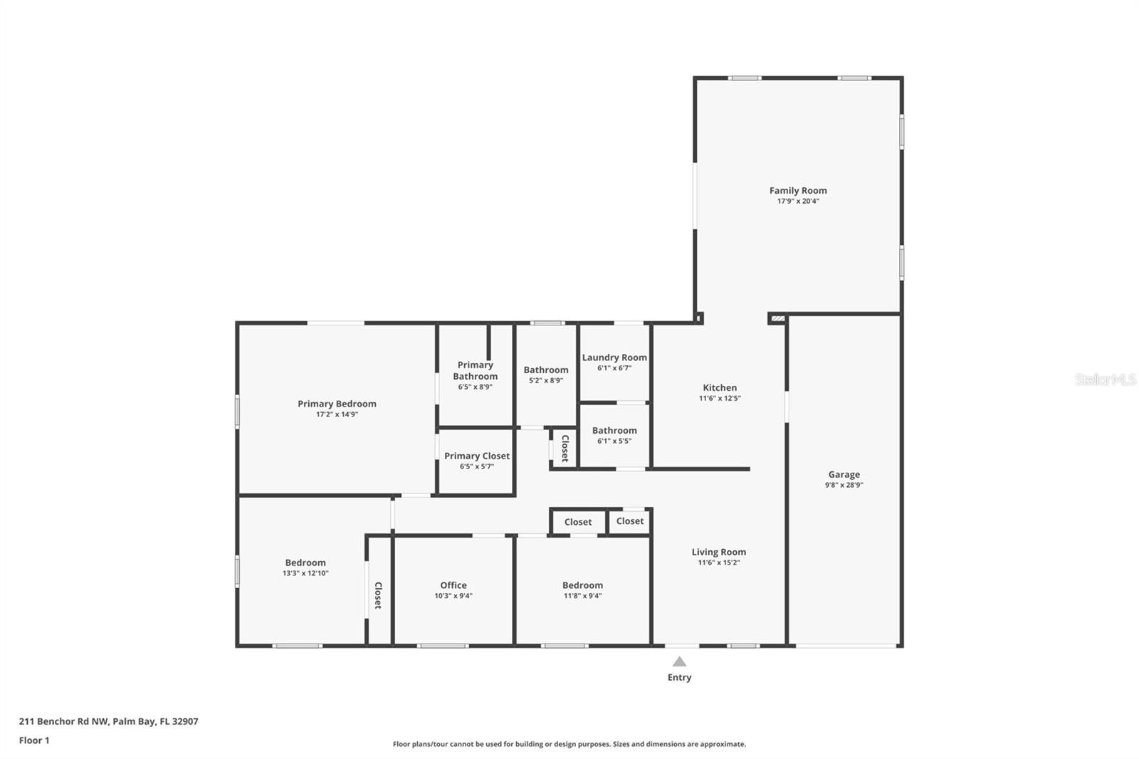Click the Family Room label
797,190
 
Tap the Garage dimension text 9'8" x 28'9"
844,485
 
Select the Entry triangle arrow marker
679,661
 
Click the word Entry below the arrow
679,677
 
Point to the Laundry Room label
614,357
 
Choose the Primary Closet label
476,456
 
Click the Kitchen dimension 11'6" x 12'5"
719,399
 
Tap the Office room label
453,585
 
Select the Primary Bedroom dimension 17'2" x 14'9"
337,414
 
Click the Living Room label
718,552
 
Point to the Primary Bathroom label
475,370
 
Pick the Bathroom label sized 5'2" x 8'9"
546,370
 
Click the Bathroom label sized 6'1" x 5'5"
614,430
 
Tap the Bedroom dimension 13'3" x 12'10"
305,573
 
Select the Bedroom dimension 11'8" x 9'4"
582,596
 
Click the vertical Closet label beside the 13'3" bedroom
378,595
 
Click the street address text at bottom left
108,721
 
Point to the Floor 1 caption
34,740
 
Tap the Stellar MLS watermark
1105,379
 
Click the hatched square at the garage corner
777,318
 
